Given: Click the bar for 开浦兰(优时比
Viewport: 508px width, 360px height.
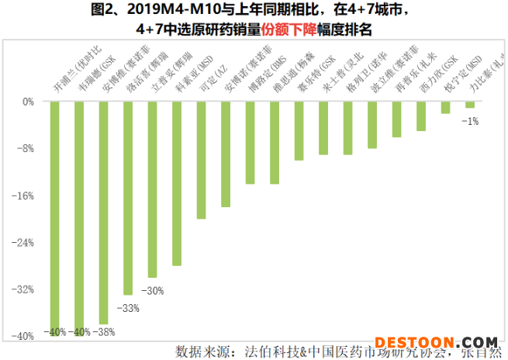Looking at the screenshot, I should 55,217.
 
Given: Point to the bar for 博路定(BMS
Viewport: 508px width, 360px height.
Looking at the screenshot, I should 250,143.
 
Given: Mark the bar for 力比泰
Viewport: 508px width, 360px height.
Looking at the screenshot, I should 470,105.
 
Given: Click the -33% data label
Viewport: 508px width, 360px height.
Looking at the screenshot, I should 127,308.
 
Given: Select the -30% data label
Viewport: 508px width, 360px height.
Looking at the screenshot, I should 152,291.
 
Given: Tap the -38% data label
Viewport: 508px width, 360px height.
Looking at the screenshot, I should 104,332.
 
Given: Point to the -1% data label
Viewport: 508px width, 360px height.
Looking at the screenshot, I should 470,120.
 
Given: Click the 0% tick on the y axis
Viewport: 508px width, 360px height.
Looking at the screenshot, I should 28,102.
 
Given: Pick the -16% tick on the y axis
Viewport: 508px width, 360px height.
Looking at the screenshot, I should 24,196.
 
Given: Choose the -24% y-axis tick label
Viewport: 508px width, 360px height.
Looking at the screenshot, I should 24,242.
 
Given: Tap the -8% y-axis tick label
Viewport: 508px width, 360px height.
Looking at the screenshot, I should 26,148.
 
